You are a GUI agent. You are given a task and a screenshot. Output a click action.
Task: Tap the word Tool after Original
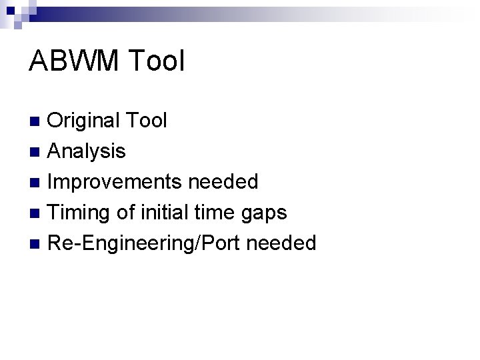146,121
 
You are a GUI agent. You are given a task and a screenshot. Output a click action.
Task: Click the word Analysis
87,151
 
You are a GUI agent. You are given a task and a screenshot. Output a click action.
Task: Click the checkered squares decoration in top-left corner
15,12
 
